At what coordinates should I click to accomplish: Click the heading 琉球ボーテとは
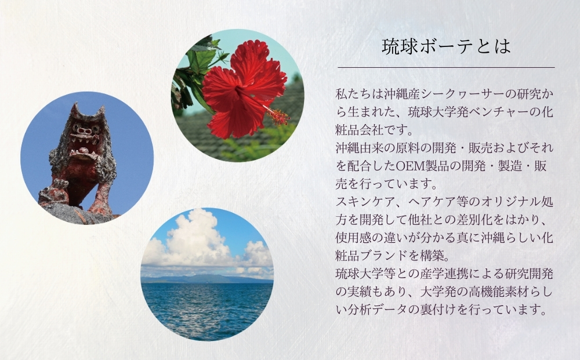(x=446, y=47)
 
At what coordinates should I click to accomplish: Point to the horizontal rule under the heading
(x=447, y=68)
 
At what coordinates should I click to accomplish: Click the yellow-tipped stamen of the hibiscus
(x=280, y=116)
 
